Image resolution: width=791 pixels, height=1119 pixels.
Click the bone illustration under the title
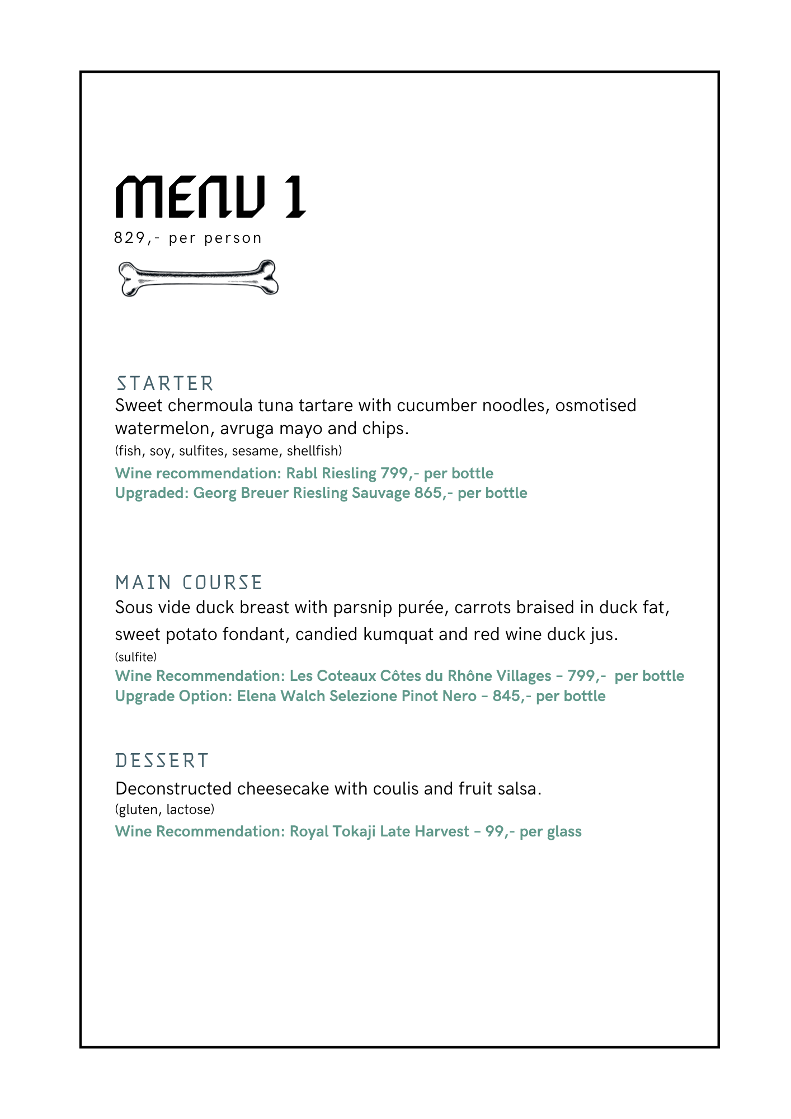coord(199,278)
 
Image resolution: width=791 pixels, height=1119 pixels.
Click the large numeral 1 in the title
coord(294,197)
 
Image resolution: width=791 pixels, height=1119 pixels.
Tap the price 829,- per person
coord(188,238)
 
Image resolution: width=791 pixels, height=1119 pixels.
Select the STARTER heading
coord(164,384)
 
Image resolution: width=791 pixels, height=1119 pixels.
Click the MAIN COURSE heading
coord(189,583)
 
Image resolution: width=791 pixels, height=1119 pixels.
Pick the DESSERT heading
coord(162,761)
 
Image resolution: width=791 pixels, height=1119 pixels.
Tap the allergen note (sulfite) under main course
coord(136,657)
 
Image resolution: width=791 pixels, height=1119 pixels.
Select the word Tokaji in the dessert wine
coord(354,831)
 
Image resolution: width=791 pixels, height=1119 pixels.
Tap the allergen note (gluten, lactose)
coord(164,810)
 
